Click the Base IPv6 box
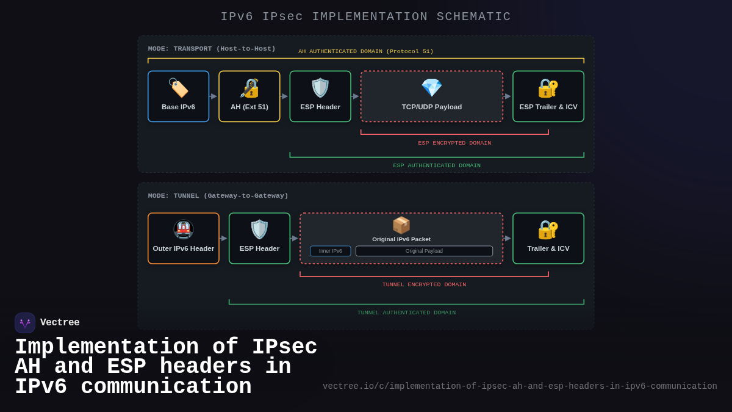(x=178, y=96)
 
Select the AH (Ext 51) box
(x=249, y=96)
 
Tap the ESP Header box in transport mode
(x=320, y=96)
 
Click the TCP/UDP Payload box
(x=431, y=96)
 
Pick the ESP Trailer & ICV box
(x=548, y=96)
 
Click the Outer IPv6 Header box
(x=183, y=239)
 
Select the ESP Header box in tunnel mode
(x=259, y=239)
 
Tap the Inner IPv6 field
(x=330, y=251)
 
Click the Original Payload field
(x=424, y=251)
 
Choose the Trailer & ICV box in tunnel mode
(x=548, y=239)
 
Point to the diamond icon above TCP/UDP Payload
(x=431, y=88)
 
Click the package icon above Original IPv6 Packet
(x=401, y=225)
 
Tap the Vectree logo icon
(x=25, y=323)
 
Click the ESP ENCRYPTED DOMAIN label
(x=454, y=143)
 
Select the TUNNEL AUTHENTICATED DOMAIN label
(x=406, y=313)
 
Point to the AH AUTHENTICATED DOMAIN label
(x=365, y=51)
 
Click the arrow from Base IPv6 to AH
(x=213, y=96)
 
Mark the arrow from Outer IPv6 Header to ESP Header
(x=224, y=238)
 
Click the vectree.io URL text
(x=520, y=386)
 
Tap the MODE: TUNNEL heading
(x=218, y=196)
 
